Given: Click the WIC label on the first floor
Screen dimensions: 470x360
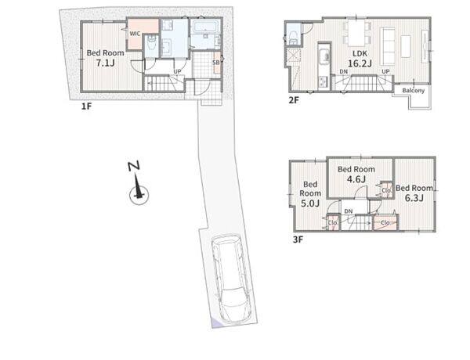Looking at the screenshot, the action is [135, 34].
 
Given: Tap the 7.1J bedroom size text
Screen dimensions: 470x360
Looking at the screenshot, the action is [105, 63].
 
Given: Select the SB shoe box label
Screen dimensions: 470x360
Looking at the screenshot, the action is [216, 63].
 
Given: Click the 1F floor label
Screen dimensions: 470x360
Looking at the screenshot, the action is [86, 106].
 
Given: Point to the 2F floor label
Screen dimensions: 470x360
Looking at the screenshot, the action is [294, 100].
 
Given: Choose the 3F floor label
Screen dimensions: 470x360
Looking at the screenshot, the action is [298, 239].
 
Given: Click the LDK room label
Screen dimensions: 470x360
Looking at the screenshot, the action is [360, 54].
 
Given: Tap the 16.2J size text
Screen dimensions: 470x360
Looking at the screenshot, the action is [360, 63].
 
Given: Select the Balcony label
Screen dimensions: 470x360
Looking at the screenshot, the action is [414, 91].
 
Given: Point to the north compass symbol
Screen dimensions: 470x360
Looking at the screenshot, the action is [137, 185].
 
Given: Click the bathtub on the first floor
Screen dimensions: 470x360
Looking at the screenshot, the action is [205, 27].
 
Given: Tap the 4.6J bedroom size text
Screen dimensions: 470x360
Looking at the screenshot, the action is [356, 179].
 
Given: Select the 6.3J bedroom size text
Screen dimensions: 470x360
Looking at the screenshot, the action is [414, 198].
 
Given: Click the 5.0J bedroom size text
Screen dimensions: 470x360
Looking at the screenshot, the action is [310, 203].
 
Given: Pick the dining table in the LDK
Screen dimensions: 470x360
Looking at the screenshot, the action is [356, 32].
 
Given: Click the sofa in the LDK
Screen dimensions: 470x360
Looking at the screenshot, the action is [388, 46].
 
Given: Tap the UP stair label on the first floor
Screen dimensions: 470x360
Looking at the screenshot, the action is [178, 72].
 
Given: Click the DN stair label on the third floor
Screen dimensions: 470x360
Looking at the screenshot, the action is [349, 211].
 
